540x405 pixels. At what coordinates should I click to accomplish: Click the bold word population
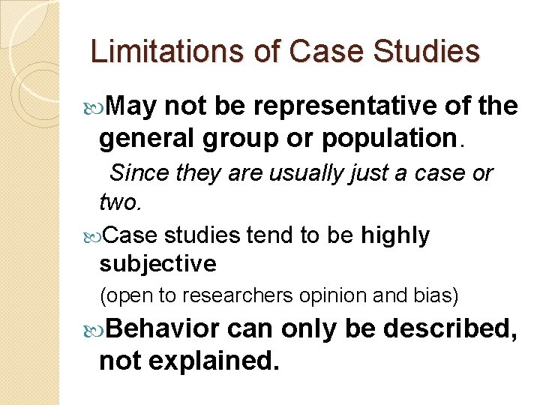[x=403, y=139]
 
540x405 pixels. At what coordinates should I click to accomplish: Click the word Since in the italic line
[x=139, y=173]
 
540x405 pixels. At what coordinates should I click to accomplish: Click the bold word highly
[x=395, y=235]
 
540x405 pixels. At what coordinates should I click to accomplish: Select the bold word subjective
[x=157, y=264]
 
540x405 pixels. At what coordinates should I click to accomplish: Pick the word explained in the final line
[x=213, y=361]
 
